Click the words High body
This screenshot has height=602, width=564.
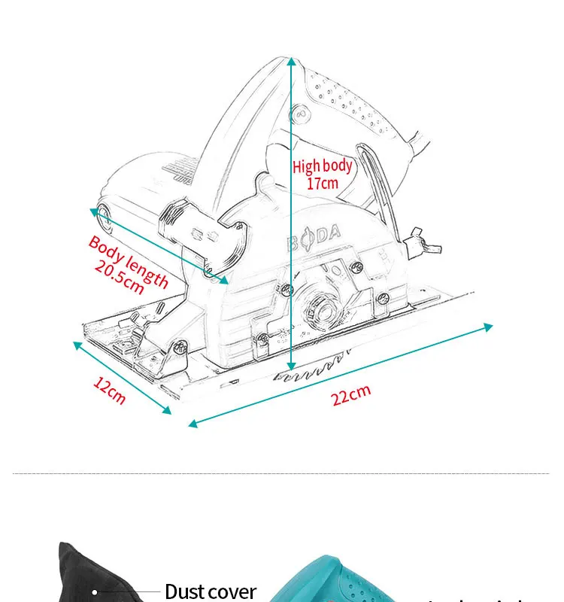click(x=322, y=166)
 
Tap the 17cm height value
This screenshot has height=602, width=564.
click(x=322, y=183)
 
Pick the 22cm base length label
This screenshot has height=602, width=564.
click(x=351, y=394)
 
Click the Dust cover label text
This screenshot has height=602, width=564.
click(x=211, y=591)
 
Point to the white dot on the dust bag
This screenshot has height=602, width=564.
click(x=95, y=591)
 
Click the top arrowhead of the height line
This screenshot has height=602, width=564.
click(x=291, y=60)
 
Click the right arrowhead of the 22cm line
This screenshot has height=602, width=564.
click(x=489, y=327)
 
